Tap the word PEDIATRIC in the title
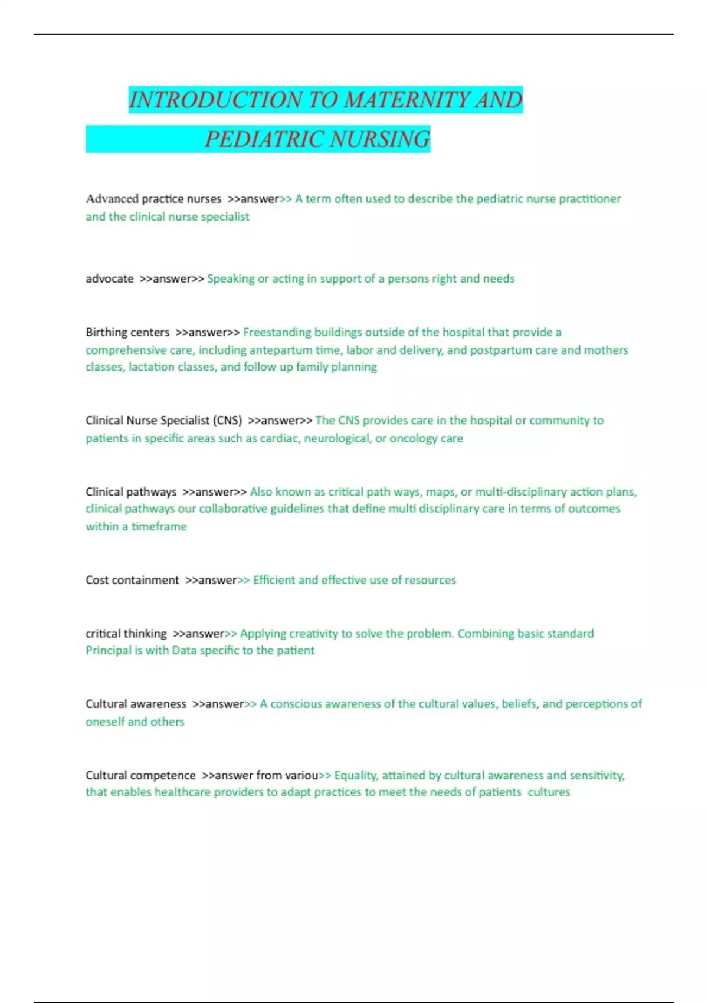264,139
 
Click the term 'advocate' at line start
110,278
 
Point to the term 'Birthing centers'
127,332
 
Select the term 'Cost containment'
132,580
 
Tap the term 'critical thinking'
126,634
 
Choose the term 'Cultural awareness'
136,704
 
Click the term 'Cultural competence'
140,775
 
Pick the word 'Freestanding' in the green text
277,332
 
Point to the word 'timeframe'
159,526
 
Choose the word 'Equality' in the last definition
356,775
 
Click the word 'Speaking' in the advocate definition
231,278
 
